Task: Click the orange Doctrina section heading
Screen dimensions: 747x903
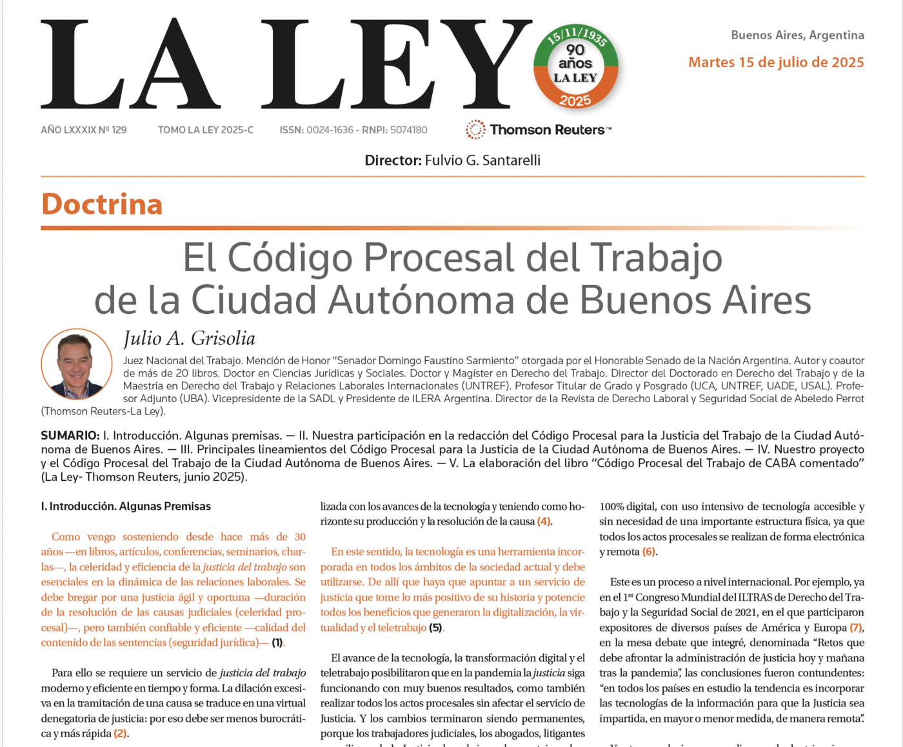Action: (102, 204)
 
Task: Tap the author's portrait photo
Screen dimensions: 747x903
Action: (76, 364)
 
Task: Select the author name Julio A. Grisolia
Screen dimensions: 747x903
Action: (189, 338)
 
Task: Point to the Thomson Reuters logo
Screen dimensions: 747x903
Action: (539, 130)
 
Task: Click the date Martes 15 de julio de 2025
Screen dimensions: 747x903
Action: (776, 63)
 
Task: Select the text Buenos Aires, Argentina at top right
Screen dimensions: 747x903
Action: (797, 35)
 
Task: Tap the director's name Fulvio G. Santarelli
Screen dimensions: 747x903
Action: (482, 160)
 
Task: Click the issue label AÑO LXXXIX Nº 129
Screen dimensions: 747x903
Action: (84, 130)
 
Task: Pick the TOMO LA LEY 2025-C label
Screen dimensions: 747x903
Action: (206, 130)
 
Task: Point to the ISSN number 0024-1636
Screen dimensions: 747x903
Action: (330, 130)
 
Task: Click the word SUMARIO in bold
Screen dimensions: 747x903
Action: (70, 436)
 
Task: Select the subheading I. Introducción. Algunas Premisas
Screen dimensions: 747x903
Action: (126, 507)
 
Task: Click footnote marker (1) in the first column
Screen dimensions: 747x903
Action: (277, 643)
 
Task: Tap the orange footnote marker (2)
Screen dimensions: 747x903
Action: (121, 733)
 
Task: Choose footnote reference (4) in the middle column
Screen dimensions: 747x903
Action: (544, 521)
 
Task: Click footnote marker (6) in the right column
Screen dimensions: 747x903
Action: (649, 552)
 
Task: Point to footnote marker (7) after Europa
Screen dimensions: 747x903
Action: (856, 628)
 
